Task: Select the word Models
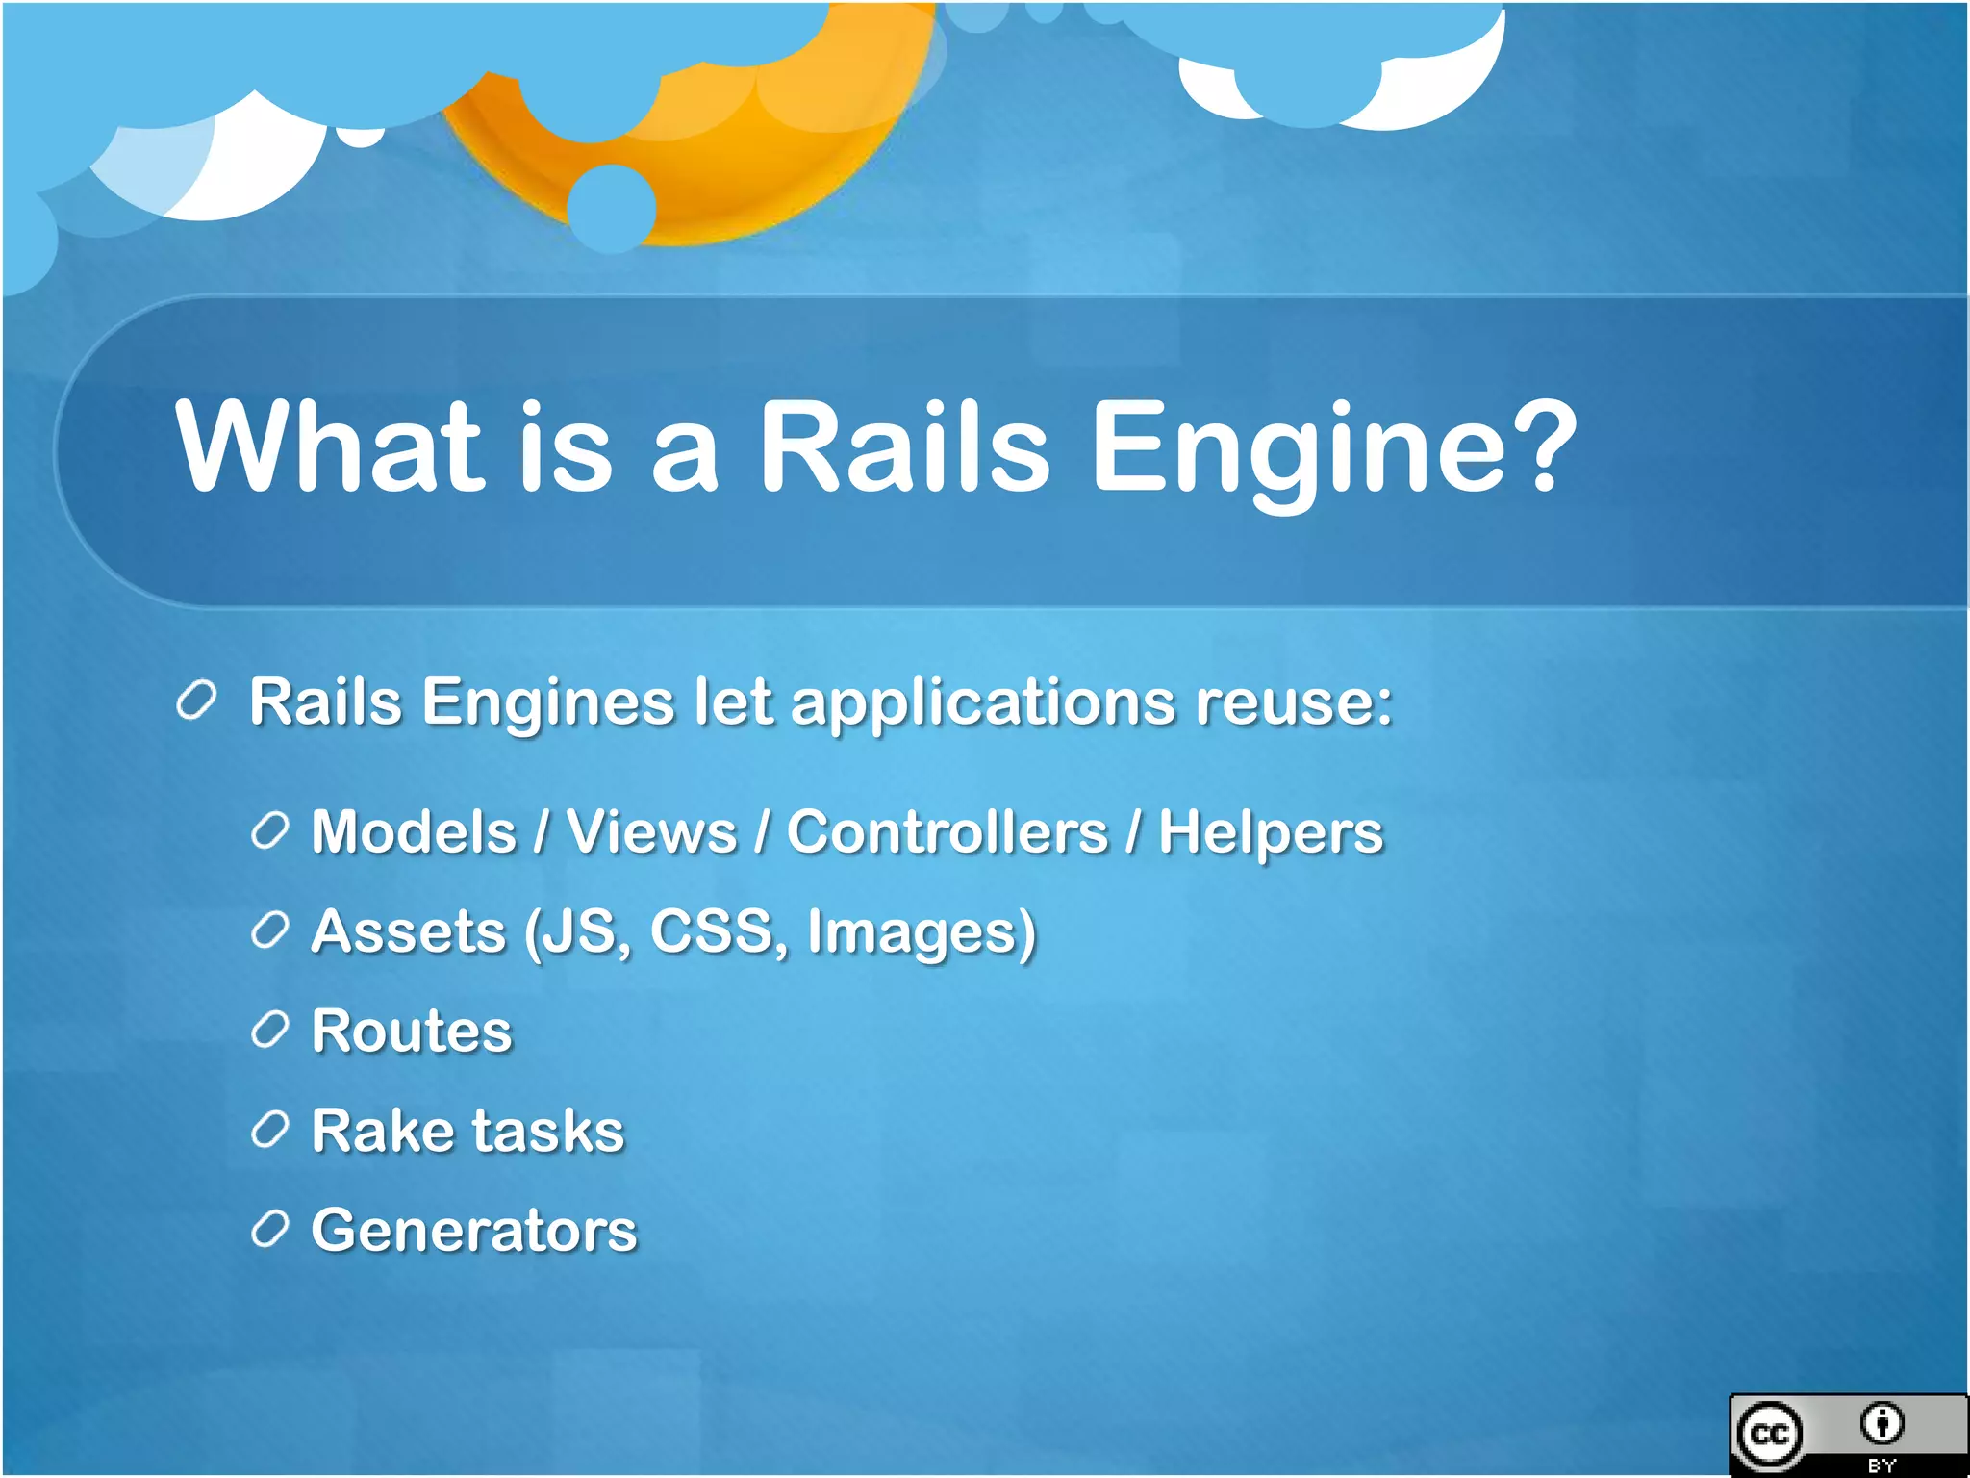(x=414, y=831)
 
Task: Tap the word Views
(x=651, y=831)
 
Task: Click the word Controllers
(x=947, y=831)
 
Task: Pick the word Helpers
(x=1270, y=833)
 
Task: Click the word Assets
(x=408, y=931)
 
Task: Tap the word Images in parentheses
(x=914, y=933)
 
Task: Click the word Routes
(x=412, y=1032)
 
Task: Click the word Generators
(x=473, y=1231)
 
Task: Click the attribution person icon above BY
(x=1882, y=1423)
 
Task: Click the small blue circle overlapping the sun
(x=612, y=208)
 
